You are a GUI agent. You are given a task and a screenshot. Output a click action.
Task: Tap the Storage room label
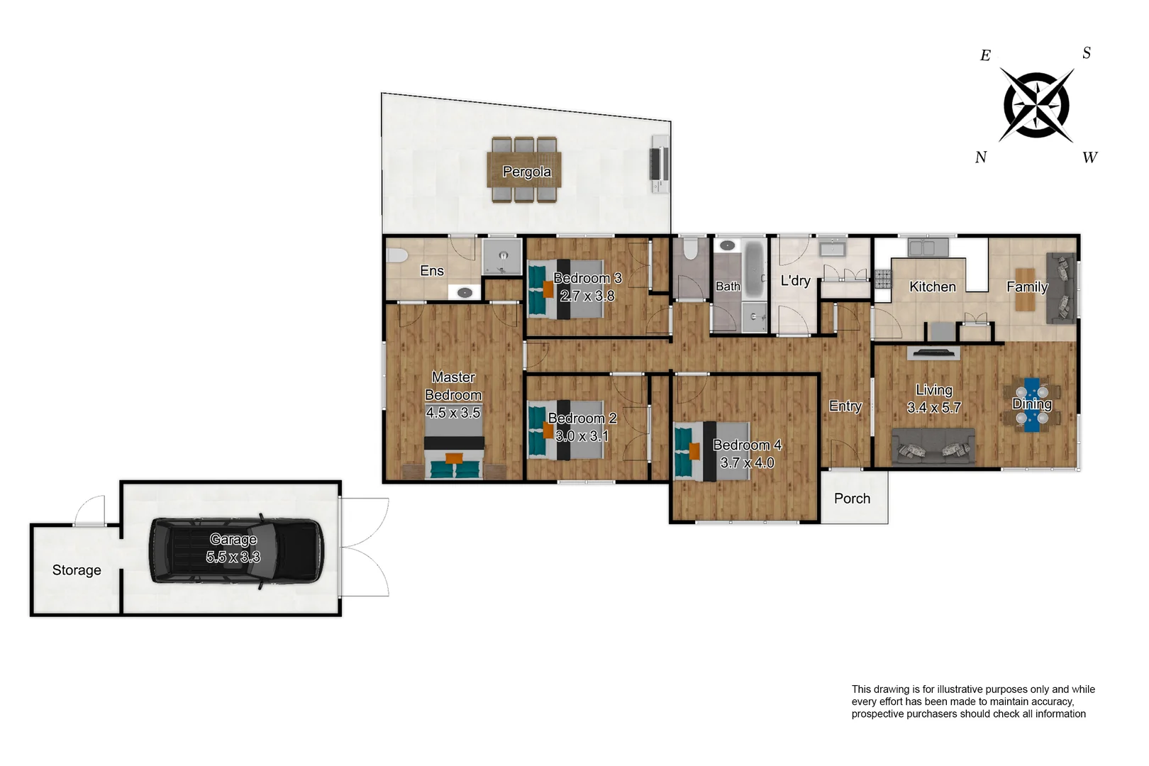click(x=77, y=570)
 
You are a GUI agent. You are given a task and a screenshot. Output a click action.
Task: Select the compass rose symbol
click(x=1036, y=105)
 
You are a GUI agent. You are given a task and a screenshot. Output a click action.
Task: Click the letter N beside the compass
click(x=981, y=157)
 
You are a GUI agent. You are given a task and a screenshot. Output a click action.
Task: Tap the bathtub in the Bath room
click(x=754, y=271)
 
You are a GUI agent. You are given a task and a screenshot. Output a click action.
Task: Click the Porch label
click(x=852, y=499)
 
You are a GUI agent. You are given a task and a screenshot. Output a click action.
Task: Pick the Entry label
click(x=845, y=406)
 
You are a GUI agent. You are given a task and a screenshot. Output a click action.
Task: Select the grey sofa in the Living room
click(x=933, y=447)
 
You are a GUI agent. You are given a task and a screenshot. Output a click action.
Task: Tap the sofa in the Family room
click(x=1061, y=288)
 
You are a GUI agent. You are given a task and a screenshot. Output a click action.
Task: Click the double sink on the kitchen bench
click(x=928, y=248)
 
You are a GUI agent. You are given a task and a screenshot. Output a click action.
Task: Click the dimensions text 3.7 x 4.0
click(x=747, y=462)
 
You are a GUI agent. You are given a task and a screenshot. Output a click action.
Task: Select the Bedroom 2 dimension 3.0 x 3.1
click(x=582, y=436)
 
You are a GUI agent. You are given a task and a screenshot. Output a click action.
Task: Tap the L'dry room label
click(x=795, y=281)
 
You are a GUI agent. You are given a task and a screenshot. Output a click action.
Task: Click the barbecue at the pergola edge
click(x=660, y=167)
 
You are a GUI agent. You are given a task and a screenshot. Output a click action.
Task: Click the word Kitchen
click(x=932, y=287)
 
